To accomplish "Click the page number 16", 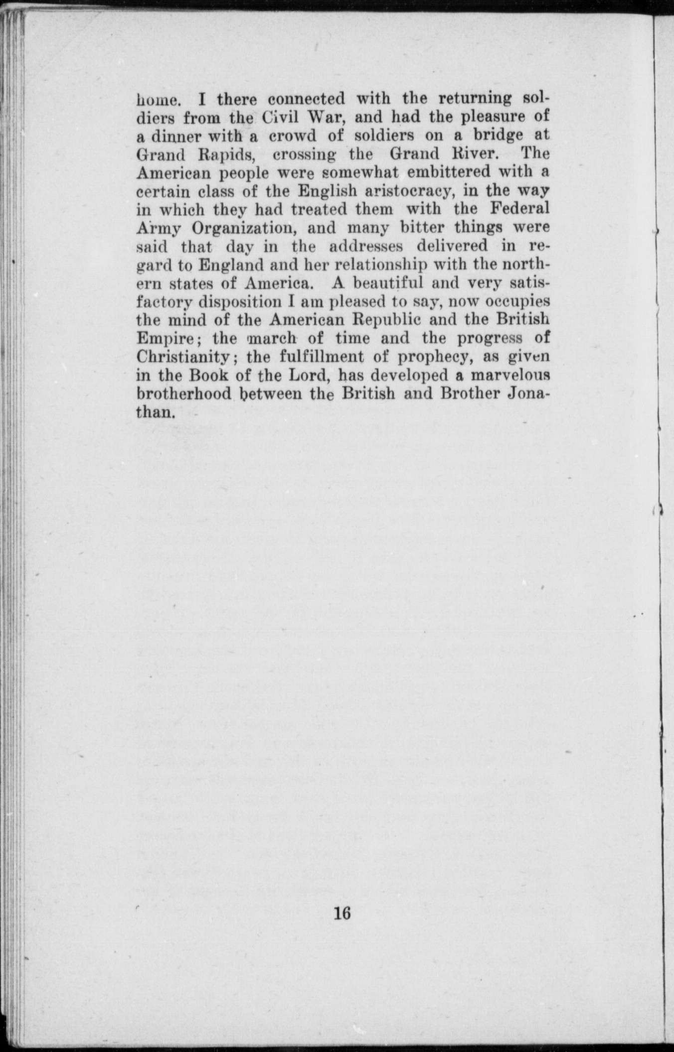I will tap(343, 913).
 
